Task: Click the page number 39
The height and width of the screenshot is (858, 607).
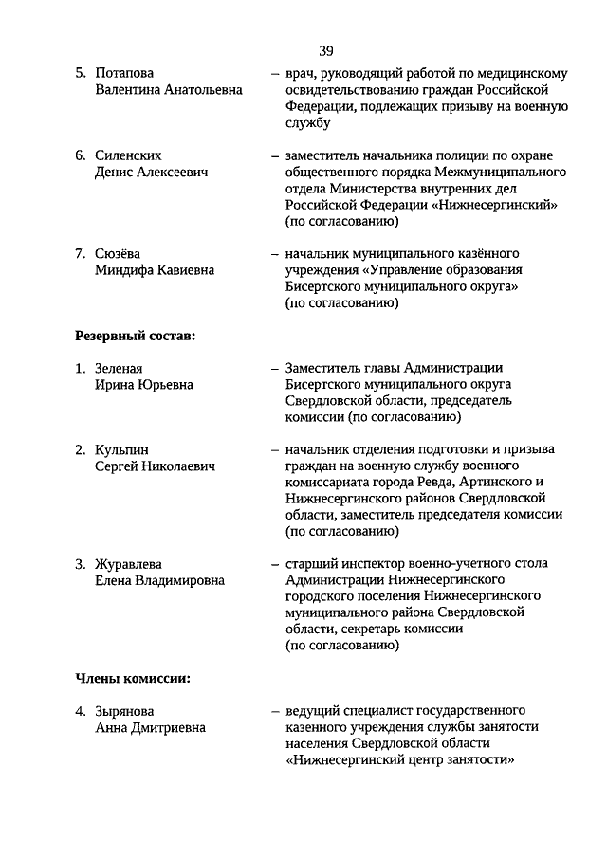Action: (325, 50)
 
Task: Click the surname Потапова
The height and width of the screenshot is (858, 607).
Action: (124, 72)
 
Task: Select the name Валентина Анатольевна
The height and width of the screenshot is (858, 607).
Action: (169, 89)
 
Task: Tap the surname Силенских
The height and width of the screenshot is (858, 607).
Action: (129, 155)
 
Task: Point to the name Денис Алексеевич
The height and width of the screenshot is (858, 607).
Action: (152, 172)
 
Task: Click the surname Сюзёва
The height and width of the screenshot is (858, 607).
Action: (118, 253)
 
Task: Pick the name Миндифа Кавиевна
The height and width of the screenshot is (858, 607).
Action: (155, 270)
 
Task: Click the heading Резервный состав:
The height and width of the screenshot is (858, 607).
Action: (135, 335)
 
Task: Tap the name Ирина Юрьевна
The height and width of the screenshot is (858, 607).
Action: (144, 385)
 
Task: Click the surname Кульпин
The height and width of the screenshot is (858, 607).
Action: (121, 449)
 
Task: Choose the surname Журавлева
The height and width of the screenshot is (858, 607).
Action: (129, 563)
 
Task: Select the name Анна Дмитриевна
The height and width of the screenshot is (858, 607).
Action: (150, 727)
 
